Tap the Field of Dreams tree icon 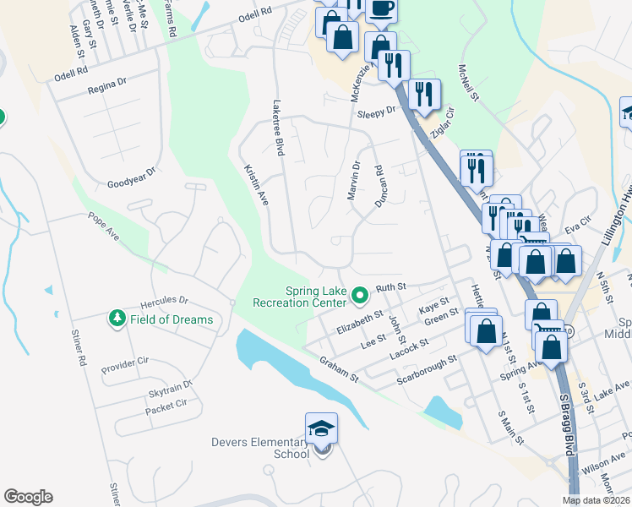point(116,319)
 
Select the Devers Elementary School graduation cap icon point(321,430)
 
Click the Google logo point(28,497)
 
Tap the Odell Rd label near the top point(256,14)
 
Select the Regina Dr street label point(106,84)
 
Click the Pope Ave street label point(104,226)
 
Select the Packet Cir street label point(164,408)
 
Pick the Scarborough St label point(428,370)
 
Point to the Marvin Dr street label point(353,182)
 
